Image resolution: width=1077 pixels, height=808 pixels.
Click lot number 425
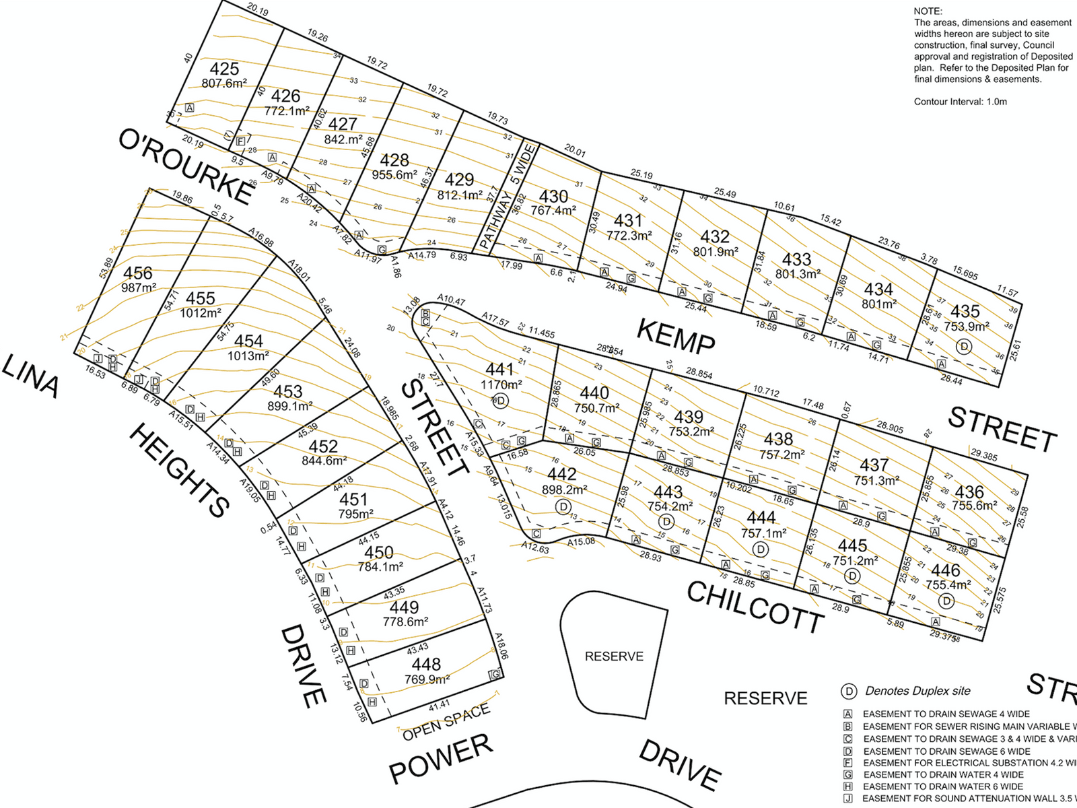[224, 69]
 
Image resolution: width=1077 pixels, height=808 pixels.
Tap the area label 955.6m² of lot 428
[394, 175]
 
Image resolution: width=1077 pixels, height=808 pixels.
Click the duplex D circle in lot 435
[965, 346]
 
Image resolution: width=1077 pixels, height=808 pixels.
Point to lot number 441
[499, 369]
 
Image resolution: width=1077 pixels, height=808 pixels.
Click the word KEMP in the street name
[675, 337]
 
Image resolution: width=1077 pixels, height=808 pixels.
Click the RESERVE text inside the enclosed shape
[614, 656]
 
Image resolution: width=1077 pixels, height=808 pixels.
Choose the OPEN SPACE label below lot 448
[446, 722]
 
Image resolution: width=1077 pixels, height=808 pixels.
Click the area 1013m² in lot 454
[248, 356]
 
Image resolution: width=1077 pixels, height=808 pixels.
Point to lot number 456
[138, 273]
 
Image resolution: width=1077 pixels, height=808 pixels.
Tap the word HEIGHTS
[179, 471]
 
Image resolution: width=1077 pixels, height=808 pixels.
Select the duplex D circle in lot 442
[563, 506]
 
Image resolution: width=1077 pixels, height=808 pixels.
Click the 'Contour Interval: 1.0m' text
[960, 102]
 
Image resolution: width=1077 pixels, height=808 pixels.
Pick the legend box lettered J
[848, 799]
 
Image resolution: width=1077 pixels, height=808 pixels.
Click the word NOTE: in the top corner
[928, 11]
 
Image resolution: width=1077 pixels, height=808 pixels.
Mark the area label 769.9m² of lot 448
[427, 679]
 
